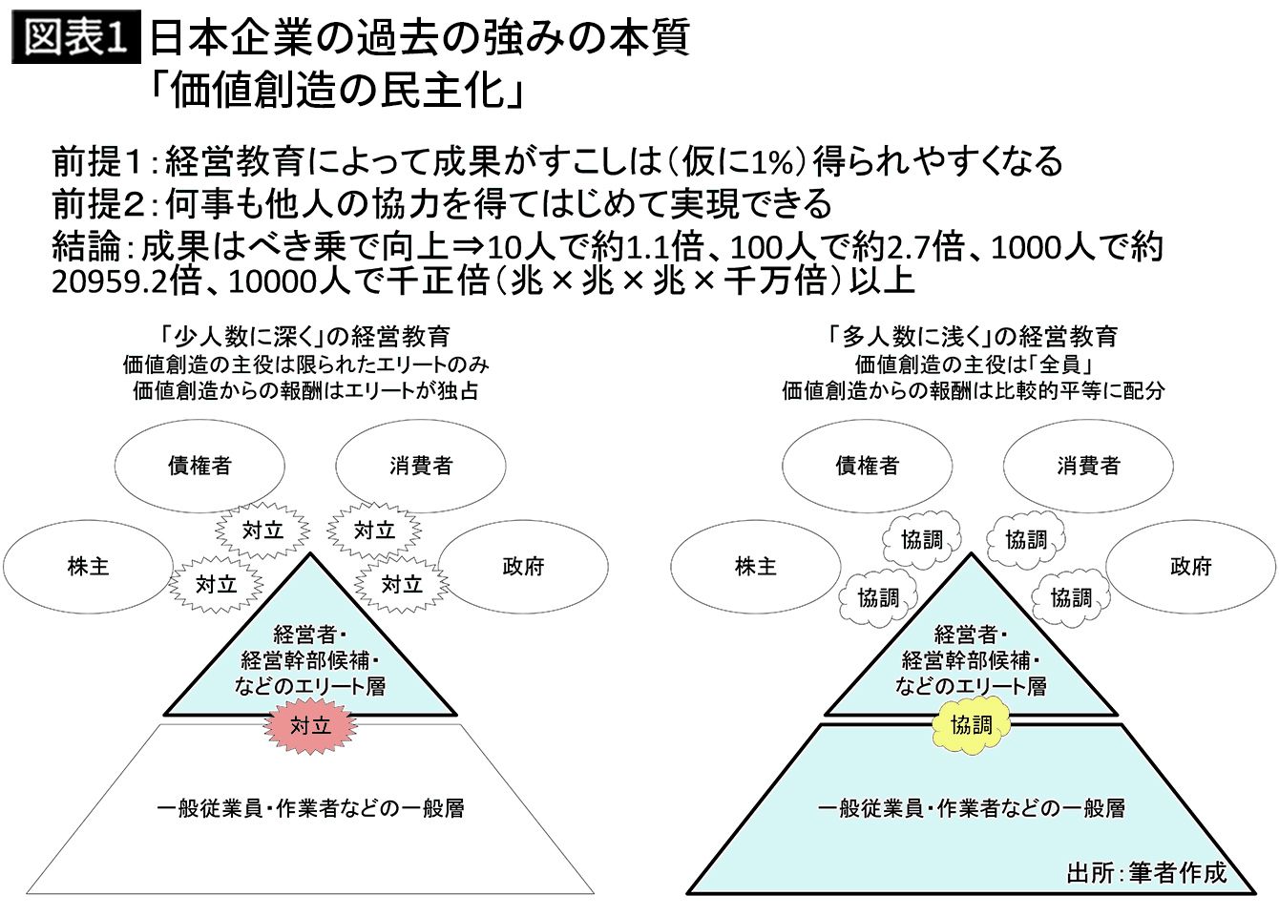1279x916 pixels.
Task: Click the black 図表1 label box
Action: pos(75,37)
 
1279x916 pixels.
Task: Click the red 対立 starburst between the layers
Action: pos(310,725)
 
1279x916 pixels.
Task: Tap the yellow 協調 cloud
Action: pos(971,725)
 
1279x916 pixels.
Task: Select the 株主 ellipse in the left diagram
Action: pos(89,567)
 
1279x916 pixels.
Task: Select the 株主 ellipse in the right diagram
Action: pos(756,567)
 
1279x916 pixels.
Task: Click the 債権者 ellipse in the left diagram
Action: pos(199,466)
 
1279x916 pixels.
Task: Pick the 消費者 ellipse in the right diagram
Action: pos(1088,466)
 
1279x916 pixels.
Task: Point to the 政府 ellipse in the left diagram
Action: pos(523,567)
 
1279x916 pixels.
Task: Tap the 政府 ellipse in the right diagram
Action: pos(1190,567)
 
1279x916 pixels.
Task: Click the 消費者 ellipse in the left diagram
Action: pos(421,466)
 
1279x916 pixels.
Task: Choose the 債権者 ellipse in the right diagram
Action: pos(867,466)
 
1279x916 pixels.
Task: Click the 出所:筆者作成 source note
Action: pos(1145,873)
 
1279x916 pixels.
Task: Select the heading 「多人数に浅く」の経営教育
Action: pos(973,336)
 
